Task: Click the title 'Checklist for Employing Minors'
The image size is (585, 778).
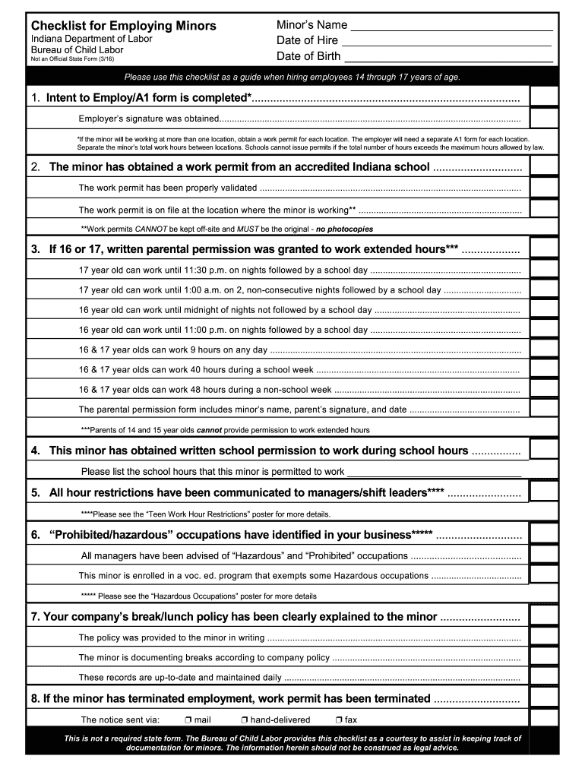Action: (x=123, y=26)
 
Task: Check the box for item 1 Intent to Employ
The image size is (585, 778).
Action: (x=544, y=98)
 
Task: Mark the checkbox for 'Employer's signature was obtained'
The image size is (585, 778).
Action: (x=544, y=119)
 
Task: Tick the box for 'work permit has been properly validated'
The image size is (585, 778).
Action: (x=544, y=188)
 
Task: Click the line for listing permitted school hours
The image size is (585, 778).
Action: (x=434, y=472)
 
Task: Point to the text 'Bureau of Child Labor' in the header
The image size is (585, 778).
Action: (x=77, y=49)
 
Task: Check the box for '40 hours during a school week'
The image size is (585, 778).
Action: (x=544, y=369)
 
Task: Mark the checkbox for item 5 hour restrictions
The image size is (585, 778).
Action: (x=544, y=492)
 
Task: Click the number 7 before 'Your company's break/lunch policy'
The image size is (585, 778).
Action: (x=35, y=616)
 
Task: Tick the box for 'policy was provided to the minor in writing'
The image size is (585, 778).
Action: (x=544, y=637)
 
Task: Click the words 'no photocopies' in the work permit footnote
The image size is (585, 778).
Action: (x=344, y=229)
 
